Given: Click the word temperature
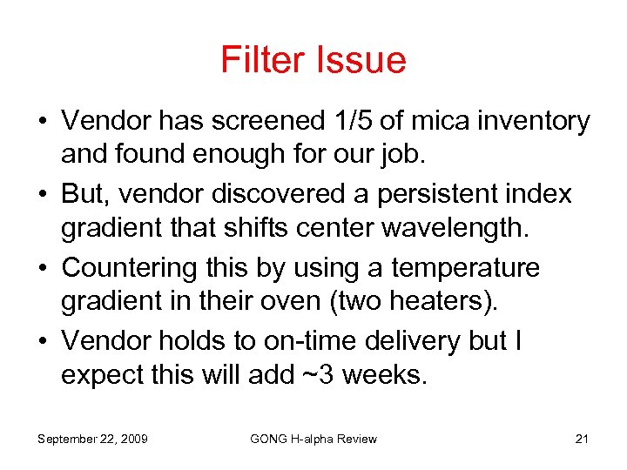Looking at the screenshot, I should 466,268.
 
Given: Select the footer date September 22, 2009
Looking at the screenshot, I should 92,439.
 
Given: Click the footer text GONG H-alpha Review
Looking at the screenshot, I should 313,439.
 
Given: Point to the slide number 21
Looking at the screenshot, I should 582,439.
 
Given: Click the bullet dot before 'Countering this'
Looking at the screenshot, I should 43,268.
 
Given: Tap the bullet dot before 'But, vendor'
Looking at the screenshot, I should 43,195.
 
